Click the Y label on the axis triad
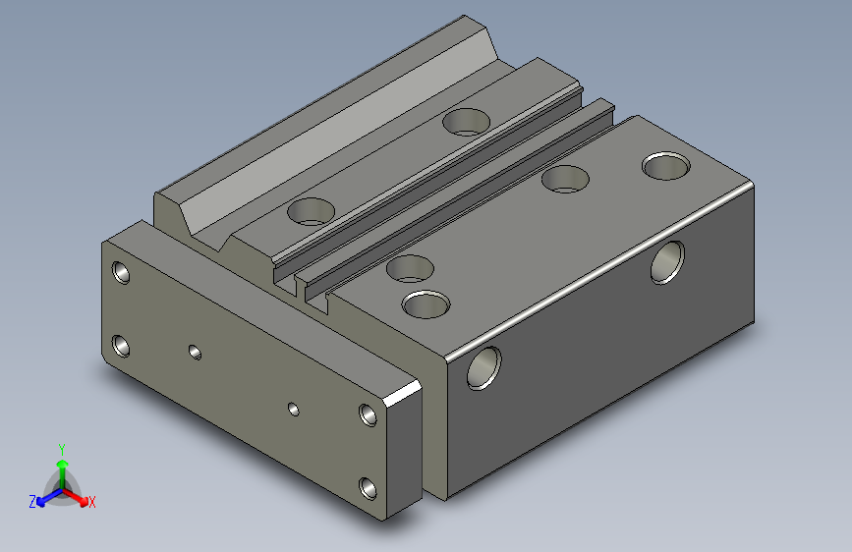(x=61, y=448)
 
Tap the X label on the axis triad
(x=92, y=503)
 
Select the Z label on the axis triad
(x=32, y=502)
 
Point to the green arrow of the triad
(x=62, y=464)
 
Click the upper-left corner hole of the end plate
(x=122, y=272)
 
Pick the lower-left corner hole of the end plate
(x=122, y=346)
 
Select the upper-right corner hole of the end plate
(x=369, y=414)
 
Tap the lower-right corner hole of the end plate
(x=369, y=487)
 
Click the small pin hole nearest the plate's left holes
(x=196, y=351)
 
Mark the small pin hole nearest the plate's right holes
(x=293, y=408)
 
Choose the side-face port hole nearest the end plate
(x=483, y=366)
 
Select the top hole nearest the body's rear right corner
(x=665, y=165)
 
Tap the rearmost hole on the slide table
(x=466, y=122)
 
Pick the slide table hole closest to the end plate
(x=312, y=210)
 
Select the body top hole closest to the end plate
(x=426, y=304)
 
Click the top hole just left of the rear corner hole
(x=565, y=179)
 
